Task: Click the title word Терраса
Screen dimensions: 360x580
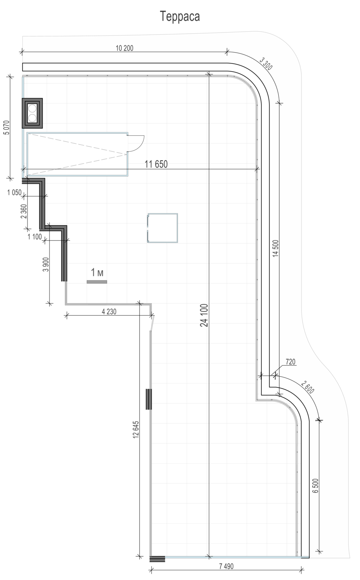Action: click(x=180, y=17)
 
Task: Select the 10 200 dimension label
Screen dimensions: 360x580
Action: click(x=124, y=48)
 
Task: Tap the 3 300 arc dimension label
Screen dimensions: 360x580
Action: click(x=266, y=64)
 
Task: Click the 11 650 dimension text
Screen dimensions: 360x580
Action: click(x=156, y=164)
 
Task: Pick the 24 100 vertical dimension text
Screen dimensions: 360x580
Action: click(x=204, y=315)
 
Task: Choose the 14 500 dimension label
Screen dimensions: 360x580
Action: click(x=276, y=248)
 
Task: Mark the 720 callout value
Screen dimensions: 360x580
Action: click(x=290, y=362)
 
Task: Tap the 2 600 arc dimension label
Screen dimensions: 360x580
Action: click(x=307, y=387)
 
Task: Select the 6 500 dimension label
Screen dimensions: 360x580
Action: click(x=316, y=486)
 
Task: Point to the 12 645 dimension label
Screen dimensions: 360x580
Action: click(x=136, y=430)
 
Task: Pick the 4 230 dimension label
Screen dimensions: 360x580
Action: click(x=109, y=312)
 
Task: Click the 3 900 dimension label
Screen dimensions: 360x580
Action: click(x=46, y=264)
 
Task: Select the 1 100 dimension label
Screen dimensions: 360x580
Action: click(x=35, y=237)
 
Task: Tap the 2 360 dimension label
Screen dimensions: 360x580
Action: click(x=24, y=211)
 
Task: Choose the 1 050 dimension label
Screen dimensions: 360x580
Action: click(x=15, y=193)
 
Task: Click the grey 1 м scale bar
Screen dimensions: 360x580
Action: click(x=97, y=282)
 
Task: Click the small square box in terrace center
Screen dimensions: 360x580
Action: click(x=163, y=228)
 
